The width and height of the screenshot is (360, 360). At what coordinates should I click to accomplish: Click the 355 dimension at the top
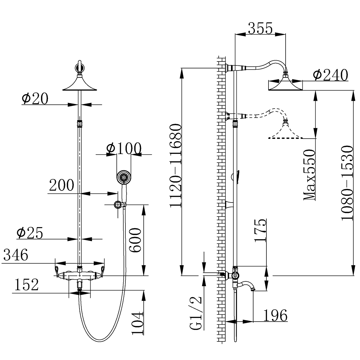[x=259, y=29]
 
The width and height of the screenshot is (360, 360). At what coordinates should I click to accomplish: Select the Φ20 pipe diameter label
[x=35, y=99]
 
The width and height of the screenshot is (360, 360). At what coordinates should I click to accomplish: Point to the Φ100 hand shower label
[x=124, y=148]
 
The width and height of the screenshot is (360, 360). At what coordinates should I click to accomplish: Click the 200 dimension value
[x=61, y=185]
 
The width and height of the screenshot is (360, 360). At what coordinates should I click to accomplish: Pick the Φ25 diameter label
[x=30, y=233]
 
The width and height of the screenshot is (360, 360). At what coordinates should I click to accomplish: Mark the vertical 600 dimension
[x=135, y=240]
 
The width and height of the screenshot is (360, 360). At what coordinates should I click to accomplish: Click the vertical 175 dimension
[x=260, y=230]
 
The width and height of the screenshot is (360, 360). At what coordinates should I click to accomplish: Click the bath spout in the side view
[x=248, y=285]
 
